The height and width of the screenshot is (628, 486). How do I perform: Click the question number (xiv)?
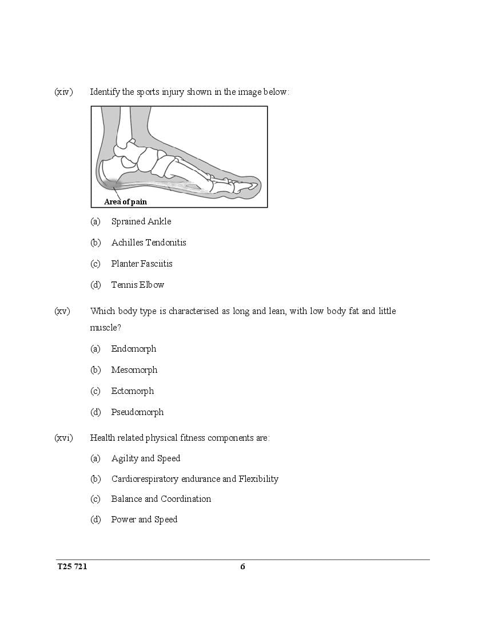pyautogui.click(x=63, y=92)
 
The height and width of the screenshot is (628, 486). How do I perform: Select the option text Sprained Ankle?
pyautogui.click(x=141, y=222)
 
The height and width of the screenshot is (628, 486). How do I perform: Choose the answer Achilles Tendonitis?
pyautogui.click(x=149, y=243)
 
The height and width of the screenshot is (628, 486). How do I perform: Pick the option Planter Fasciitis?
pyautogui.click(x=142, y=264)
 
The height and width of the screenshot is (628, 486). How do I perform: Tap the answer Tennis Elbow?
pyautogui.click(x=138, y=285)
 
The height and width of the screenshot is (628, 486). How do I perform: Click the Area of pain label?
pyautogui.click(x=126, y=202)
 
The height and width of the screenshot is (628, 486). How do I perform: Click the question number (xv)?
pyautogui.click(x=62, y=311)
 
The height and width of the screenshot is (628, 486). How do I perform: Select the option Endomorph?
pyautogui.click(x=134, y=349)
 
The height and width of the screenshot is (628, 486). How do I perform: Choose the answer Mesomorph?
pyautogui.click(x=134, y=370)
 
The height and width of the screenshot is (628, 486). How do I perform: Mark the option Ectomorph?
pyautogui.click(x=133, y=391)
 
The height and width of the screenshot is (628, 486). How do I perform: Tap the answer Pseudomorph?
pyautogui.click(x=138, y=412)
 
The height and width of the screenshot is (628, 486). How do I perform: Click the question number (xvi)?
pyautogui.click(x=64, y=438)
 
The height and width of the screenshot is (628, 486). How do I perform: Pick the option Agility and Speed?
pyautogui.click(x=146, y=458)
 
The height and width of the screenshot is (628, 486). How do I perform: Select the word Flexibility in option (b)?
pyautogui.click(x=258, y=479)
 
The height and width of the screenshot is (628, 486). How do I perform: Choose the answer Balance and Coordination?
pyautogui.click(x=161, y=499)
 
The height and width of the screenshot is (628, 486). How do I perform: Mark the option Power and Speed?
pyautogui.click(x=144, y=520)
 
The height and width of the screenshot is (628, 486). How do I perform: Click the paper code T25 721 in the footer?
pyautogui.click(x=72, y=566)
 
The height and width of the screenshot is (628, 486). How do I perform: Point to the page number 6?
pyautogui.click(x=242, y=566)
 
